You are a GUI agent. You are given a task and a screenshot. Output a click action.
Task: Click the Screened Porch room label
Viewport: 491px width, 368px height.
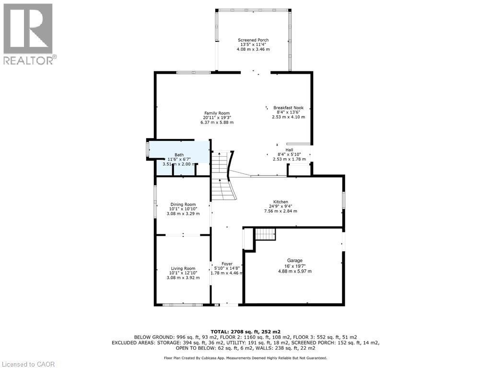pyautogui.click(x=253, y=40)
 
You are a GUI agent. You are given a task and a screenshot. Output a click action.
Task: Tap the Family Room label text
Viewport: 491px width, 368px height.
pyautogui.click(x=217, y=113)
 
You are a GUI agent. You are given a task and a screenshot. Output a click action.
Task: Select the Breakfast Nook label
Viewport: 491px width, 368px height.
pyautogui.click(x=288, y=108)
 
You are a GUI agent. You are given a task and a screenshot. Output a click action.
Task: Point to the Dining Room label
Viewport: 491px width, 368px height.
pyautogui.click(x=183, y=205)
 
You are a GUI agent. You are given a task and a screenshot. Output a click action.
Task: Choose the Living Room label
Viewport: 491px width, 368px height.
pyautogui.click(x=183, y=268)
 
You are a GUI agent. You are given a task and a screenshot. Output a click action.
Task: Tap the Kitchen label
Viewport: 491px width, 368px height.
pyautogui.click(x=281, y=202)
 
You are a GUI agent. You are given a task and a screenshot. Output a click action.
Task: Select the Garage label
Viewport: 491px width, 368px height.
pyautogui.click(x=294, y=261)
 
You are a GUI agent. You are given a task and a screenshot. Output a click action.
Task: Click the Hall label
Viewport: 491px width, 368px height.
pyautogui.click(x=289, y=149)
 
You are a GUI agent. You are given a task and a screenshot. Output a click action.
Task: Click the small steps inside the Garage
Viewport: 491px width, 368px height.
pyautogui.click(x=265, y=234)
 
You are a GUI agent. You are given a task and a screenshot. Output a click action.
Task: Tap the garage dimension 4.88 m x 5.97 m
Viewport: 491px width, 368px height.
pyautogui.click(x=294, y=271)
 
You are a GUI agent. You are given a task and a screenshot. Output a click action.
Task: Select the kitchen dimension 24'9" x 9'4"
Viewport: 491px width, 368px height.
pyautogui.click(x=281, y=207)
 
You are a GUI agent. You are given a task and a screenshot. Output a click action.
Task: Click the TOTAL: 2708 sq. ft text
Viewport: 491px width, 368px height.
pyautogui.click(x=245, y=331)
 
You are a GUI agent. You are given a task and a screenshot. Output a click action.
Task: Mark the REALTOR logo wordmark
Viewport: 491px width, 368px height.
pyautogui.click(x=30, y=60)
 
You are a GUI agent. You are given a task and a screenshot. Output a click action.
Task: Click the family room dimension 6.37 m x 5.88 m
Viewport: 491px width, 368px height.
pyautogui.click(x=217, y=123)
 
